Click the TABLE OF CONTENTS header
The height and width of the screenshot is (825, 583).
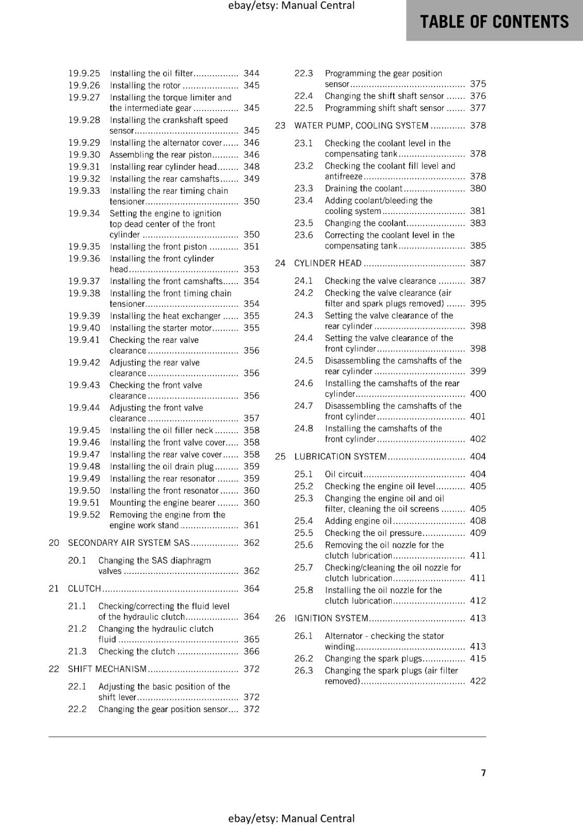pyautogui.click(x=494, y=22)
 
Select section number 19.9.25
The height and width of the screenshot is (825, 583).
pyautogui.click(x=84, y=73)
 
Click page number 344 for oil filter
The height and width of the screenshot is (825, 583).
pyautogui.click(x=251, y=73)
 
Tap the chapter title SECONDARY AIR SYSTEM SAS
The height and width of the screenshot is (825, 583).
pyautogui.click(x=129, y=542)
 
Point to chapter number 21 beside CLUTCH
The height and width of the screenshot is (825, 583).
pyautogui.click(x=54, y=588)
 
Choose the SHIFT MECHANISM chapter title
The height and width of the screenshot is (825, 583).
pyautogui.click(x=107, y=669)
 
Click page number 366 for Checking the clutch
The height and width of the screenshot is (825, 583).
pyautogui.click(x=251, y=651)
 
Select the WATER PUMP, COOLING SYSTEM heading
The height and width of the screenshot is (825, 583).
pyautogui.click(x=361, y=125)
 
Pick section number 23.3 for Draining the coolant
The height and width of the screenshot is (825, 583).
pyautogui.click(x=303, y=188)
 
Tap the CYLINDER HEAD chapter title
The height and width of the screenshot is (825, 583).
pyautogui.click(x=328, y=263)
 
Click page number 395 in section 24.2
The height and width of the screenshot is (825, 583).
pyautogui.click(x=478, y=303)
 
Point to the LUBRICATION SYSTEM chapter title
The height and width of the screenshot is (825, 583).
pyautogui.click(x=341, y=456)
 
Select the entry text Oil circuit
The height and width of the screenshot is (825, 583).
pyautogui.click(x=344, y=474)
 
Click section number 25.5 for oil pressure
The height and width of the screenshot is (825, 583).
pyautogui.click(x=303, y=533)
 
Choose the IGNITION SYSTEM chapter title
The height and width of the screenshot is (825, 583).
pyautogui.click(x=331, y=618)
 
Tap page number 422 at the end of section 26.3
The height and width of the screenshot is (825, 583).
pyautogui.click(x=478, y=681)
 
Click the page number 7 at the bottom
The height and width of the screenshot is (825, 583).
pyautogui.click(x=483, y=772)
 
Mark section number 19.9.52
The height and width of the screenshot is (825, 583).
pyautogui.click(x=84, y=515)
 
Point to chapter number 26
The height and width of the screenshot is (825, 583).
pyautogui.click(x=280, y=618)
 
